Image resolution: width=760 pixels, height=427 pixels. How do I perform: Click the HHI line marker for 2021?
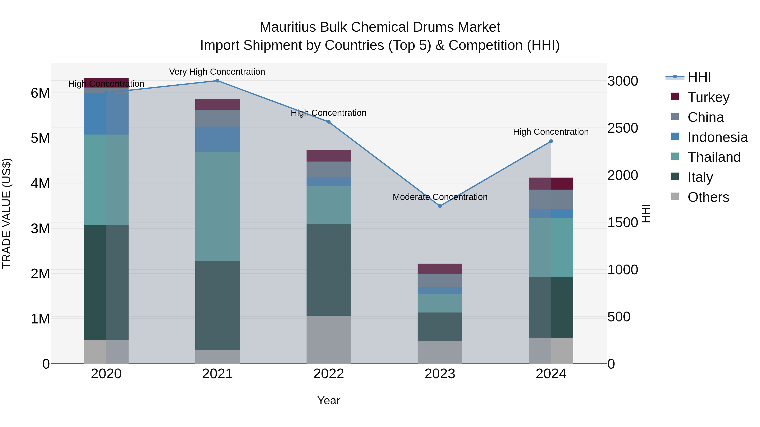(217, 81)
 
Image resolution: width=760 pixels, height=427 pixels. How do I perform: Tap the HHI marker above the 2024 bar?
(551, 141)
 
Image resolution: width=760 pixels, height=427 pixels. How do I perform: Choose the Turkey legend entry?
(708, 97)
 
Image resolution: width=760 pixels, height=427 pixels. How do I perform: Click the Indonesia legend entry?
(717, 137)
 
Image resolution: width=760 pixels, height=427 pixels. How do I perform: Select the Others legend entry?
(708, 197)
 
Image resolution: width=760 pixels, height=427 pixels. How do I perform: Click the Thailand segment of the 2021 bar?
(217, 206)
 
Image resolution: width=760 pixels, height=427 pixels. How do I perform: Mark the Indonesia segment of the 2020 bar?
(106, 114)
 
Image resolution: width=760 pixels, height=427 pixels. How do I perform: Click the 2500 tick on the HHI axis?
(623, 128)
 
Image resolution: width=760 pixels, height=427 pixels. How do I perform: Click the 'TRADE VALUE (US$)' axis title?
(7, 213)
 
